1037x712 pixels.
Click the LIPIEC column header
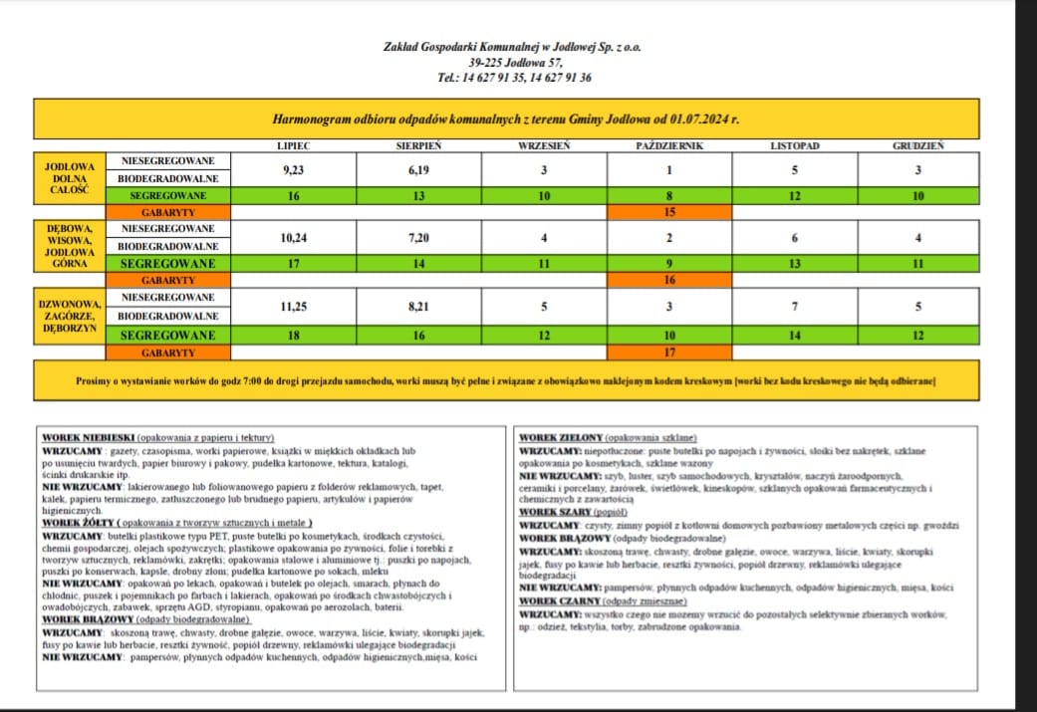[294, 146]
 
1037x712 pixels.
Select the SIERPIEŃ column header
[419, 146]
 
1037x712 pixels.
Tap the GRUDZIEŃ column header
[918, 146]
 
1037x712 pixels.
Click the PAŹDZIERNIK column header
[669, 146]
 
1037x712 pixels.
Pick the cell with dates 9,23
[294, 170]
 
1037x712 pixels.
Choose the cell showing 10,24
[294, 238]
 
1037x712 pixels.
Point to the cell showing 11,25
[294, 307]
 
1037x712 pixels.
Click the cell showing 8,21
[419, 307]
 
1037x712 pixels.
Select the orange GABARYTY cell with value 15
[669, 213]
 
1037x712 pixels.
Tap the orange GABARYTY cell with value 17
[669, 352]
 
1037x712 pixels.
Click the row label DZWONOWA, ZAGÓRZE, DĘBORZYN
[69, 316]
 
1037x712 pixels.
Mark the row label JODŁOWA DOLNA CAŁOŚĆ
[69, 177]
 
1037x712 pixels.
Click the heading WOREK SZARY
[555, 512]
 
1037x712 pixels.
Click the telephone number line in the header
[514, 78]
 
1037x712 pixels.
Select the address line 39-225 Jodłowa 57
[516, 63]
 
